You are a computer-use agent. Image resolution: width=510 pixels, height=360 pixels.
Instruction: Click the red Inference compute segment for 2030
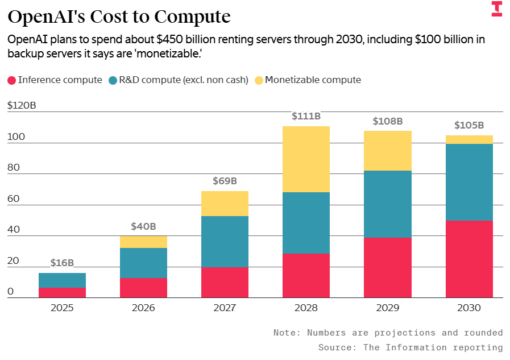[x=469, y=259]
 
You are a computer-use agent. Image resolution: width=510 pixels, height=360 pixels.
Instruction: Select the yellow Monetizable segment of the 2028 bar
[x=306, y=159]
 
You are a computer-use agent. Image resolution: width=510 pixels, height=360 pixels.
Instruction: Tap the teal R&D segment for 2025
[x=62, y=280]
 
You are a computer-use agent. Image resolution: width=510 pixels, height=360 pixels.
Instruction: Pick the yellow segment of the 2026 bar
[x=143, y=242]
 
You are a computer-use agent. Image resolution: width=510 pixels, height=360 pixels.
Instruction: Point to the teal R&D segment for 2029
[x=387, y=204]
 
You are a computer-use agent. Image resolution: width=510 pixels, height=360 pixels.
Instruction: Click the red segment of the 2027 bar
[x=225, y=282]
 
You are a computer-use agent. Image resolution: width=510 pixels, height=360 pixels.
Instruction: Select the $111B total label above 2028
[x=306, y=116]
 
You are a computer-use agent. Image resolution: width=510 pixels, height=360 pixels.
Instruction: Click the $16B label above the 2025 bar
[x=62, y=263]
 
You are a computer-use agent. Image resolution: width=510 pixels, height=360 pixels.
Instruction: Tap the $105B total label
[x=469, y=125]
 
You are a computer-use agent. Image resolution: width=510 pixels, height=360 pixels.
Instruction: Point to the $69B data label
[x=225, y=181]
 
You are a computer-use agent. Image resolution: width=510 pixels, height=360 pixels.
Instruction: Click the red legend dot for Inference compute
[x=11, y=80]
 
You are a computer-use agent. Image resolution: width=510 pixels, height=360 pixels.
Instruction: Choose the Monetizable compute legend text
[x=313, y=80]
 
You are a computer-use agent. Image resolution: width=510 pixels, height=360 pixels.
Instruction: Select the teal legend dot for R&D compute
[x=113, y=80]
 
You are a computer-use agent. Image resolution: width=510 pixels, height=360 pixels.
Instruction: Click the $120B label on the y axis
[x=22, y=105]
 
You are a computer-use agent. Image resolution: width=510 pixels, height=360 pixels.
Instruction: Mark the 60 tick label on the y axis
[x=14, y=198]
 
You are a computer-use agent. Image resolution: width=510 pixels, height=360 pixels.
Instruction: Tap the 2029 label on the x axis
[x=387, y=308]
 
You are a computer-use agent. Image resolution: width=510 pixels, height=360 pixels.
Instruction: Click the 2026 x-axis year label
[x=143, y=308]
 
